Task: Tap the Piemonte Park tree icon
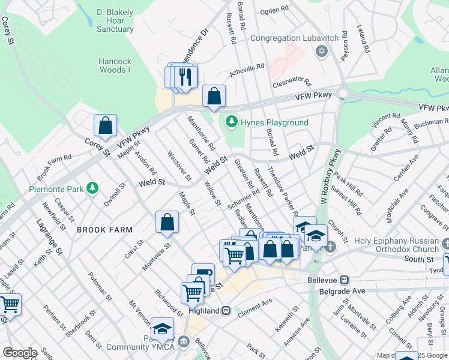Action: coord(92,188)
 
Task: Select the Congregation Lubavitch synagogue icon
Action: coord(321,51)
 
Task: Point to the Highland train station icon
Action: coord(226,310)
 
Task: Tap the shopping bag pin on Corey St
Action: coord(105,126)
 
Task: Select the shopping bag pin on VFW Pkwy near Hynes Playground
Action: coord(214,95)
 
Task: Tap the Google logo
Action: coord(20,353)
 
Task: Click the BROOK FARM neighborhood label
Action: coord(104,230)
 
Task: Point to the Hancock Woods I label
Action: coord(115,65)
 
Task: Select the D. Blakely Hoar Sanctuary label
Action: coord(115,20)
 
